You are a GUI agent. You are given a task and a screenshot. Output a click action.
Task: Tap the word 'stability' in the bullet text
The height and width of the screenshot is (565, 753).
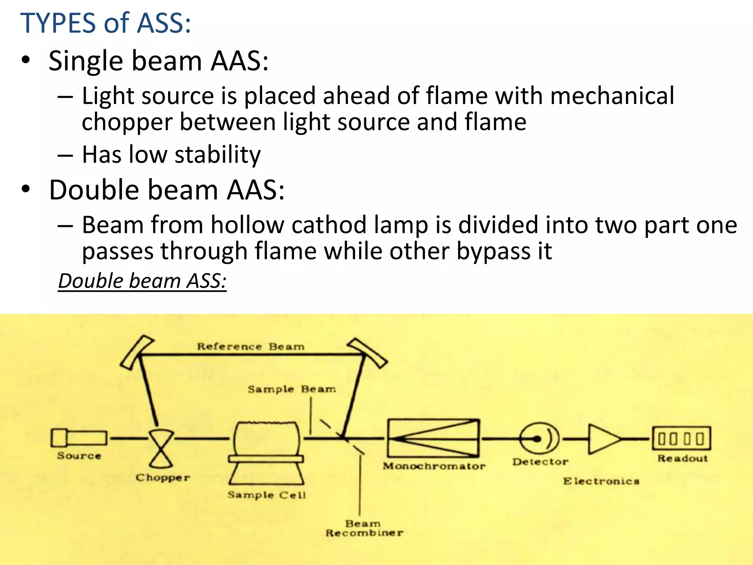218,155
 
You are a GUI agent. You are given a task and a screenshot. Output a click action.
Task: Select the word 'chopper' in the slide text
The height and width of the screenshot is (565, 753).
127,122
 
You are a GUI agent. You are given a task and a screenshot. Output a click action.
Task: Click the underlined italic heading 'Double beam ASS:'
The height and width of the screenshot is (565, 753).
142,281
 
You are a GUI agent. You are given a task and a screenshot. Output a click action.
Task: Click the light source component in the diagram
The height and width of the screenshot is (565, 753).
79,438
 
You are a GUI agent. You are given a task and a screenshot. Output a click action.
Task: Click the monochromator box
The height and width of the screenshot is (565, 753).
433,438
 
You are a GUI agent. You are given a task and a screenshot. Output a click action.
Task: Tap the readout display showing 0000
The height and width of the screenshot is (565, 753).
681,438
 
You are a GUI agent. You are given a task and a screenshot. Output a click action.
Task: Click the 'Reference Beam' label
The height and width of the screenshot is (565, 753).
250,347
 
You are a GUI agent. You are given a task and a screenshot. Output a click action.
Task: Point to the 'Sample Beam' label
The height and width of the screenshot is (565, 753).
292,389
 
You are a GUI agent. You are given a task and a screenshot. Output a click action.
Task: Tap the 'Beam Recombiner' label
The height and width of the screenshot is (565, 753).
364,528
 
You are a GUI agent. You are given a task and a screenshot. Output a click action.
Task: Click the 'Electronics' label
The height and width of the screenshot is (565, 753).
601,481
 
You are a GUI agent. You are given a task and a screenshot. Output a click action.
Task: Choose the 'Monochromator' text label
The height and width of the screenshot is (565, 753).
434,466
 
